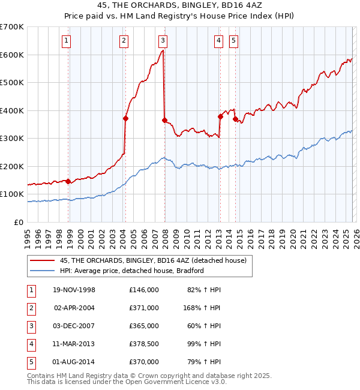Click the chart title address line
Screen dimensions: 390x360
pyautogui.click(x=180, y=5)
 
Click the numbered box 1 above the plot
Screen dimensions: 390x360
pyautogui.click(x=66, y=41)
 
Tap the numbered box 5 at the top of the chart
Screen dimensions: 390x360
pyautogui.click(x=233, y=41)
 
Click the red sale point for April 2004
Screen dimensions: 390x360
pyautogui.click(x=125, y=119)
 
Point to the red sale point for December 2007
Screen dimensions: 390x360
pyautogui.click(x=164, y=120)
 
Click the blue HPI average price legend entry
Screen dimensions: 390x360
pyautogui.click(x=132, y=271)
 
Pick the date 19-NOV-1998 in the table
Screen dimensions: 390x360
pyautogui.click(x=74, y=290)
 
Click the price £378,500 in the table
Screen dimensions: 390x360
pyautogui.click(x=143, y=344)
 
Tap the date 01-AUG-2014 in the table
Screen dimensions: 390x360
pyautogui.click(x=74, y=362)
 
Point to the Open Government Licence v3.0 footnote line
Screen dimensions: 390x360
pyautogui.click(x=127, y=381)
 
